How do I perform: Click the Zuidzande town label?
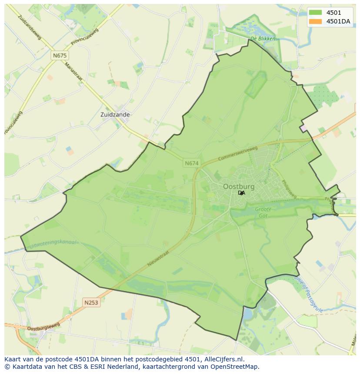point(115,115)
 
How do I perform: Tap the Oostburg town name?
point(239,186)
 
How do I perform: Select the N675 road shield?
point(60,56)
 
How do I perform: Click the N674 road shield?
point(191,163)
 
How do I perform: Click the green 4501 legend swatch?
point(316,13)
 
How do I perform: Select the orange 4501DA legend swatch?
point(316,21)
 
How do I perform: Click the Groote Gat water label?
point(263,212)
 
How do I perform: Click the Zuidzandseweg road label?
point(30,27)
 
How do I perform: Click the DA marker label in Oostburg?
point(242,193)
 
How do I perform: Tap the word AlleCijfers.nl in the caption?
point(222,359)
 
